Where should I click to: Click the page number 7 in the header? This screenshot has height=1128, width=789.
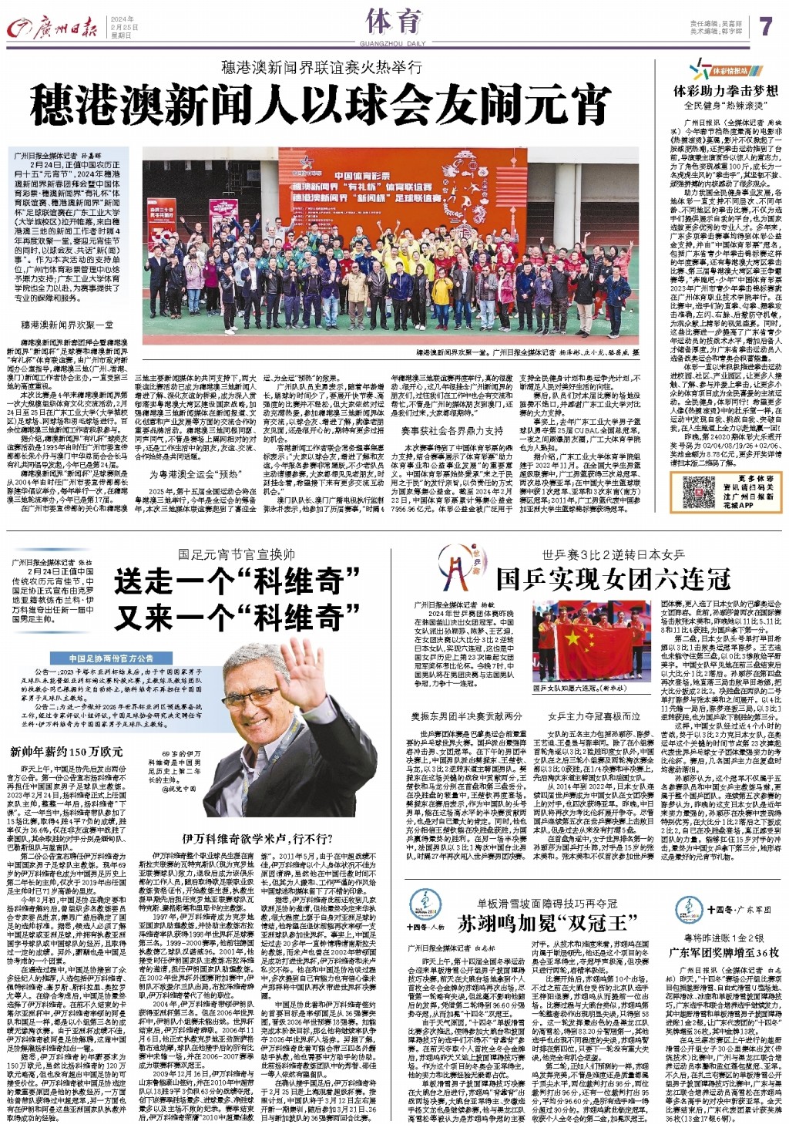point(764,25)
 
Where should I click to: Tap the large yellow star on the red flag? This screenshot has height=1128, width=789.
point(572,639)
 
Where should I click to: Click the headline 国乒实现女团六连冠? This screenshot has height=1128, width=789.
point(613,578)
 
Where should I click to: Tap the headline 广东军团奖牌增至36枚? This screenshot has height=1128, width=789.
point(725,952)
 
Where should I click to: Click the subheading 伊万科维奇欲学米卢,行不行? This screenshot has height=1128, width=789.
point(247,837)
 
